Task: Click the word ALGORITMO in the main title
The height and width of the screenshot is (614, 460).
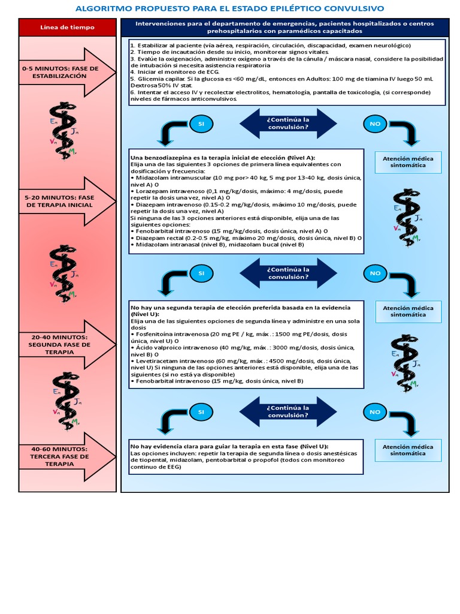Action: (x=101, y=8)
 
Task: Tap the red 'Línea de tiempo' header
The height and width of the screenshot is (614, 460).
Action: (x=66, y=28)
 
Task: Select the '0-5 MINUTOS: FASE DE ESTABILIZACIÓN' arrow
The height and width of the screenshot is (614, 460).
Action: (x=66, y=73)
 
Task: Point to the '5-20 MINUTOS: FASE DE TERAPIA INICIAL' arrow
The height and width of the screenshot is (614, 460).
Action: (x=66, y=201)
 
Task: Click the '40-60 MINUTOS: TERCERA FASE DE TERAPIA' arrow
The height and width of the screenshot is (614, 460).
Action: (x=66, y=456)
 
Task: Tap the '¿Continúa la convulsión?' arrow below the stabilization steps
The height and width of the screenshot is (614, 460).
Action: (x=288, y=124)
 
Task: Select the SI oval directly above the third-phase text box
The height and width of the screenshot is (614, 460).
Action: (x=201, y=412)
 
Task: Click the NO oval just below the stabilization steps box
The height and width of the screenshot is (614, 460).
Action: (x=376, y=124)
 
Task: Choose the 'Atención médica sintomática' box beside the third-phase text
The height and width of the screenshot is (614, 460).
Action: (x=408, y=450)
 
